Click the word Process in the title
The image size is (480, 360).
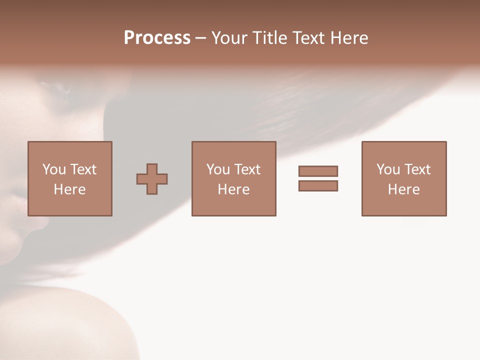click(x=157, y=38)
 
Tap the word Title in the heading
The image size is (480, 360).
click(x=270, y=38)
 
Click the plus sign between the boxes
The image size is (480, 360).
click(x=152, y=179)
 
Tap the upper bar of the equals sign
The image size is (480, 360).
click(x=318, y=171)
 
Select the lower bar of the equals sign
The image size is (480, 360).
click(x=318, y=185)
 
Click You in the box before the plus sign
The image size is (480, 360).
click(x=54, y=169)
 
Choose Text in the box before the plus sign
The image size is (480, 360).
click(x=83, y=169)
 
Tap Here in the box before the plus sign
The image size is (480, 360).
click(x=69, y=189)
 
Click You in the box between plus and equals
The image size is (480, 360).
click(x=218, y=169)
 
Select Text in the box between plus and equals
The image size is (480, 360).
click(x=247, y=169)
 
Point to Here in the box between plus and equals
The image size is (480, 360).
click(x=233, y=189)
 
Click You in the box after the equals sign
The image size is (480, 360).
click(x=388, y=169)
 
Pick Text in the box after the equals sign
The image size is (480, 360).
click(x=417, y=169)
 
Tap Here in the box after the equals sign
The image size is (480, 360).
click(x=403, y=189)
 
